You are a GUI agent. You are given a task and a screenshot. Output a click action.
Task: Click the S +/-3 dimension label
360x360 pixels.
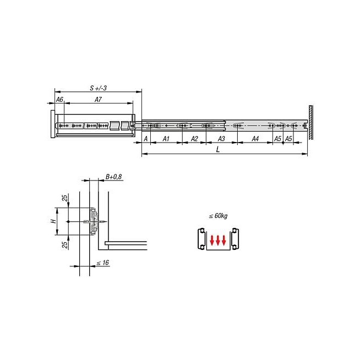tap(99, 88)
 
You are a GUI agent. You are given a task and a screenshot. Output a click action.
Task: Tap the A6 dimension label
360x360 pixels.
tap(59, 100)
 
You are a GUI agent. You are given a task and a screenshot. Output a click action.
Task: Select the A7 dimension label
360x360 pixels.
tap(98, 100)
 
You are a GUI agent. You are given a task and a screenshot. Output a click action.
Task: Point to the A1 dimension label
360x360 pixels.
tap(166, 139)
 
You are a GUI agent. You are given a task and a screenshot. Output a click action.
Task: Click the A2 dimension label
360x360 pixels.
tap(194, 139)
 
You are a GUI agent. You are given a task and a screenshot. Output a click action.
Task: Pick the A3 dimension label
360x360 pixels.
tap(221, 139)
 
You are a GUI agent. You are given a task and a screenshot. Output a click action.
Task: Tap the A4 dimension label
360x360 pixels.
tap(255, 139)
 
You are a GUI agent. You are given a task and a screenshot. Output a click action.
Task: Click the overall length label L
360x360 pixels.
tap(218, 150)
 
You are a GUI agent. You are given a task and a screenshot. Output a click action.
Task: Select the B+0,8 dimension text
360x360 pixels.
tap(113, 177)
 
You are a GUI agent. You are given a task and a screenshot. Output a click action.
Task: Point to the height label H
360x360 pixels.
tap(53, 221)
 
